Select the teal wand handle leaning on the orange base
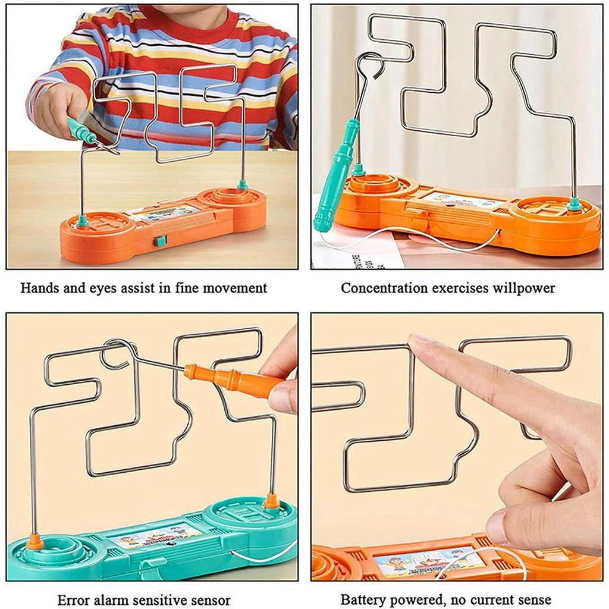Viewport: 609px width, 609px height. click(x=337, y=175)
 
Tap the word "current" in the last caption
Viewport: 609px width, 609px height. click(x=486, y=599)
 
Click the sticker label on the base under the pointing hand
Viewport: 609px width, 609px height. click(x=427, y=561)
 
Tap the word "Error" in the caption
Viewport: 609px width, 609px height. click(x=73, y=599)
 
